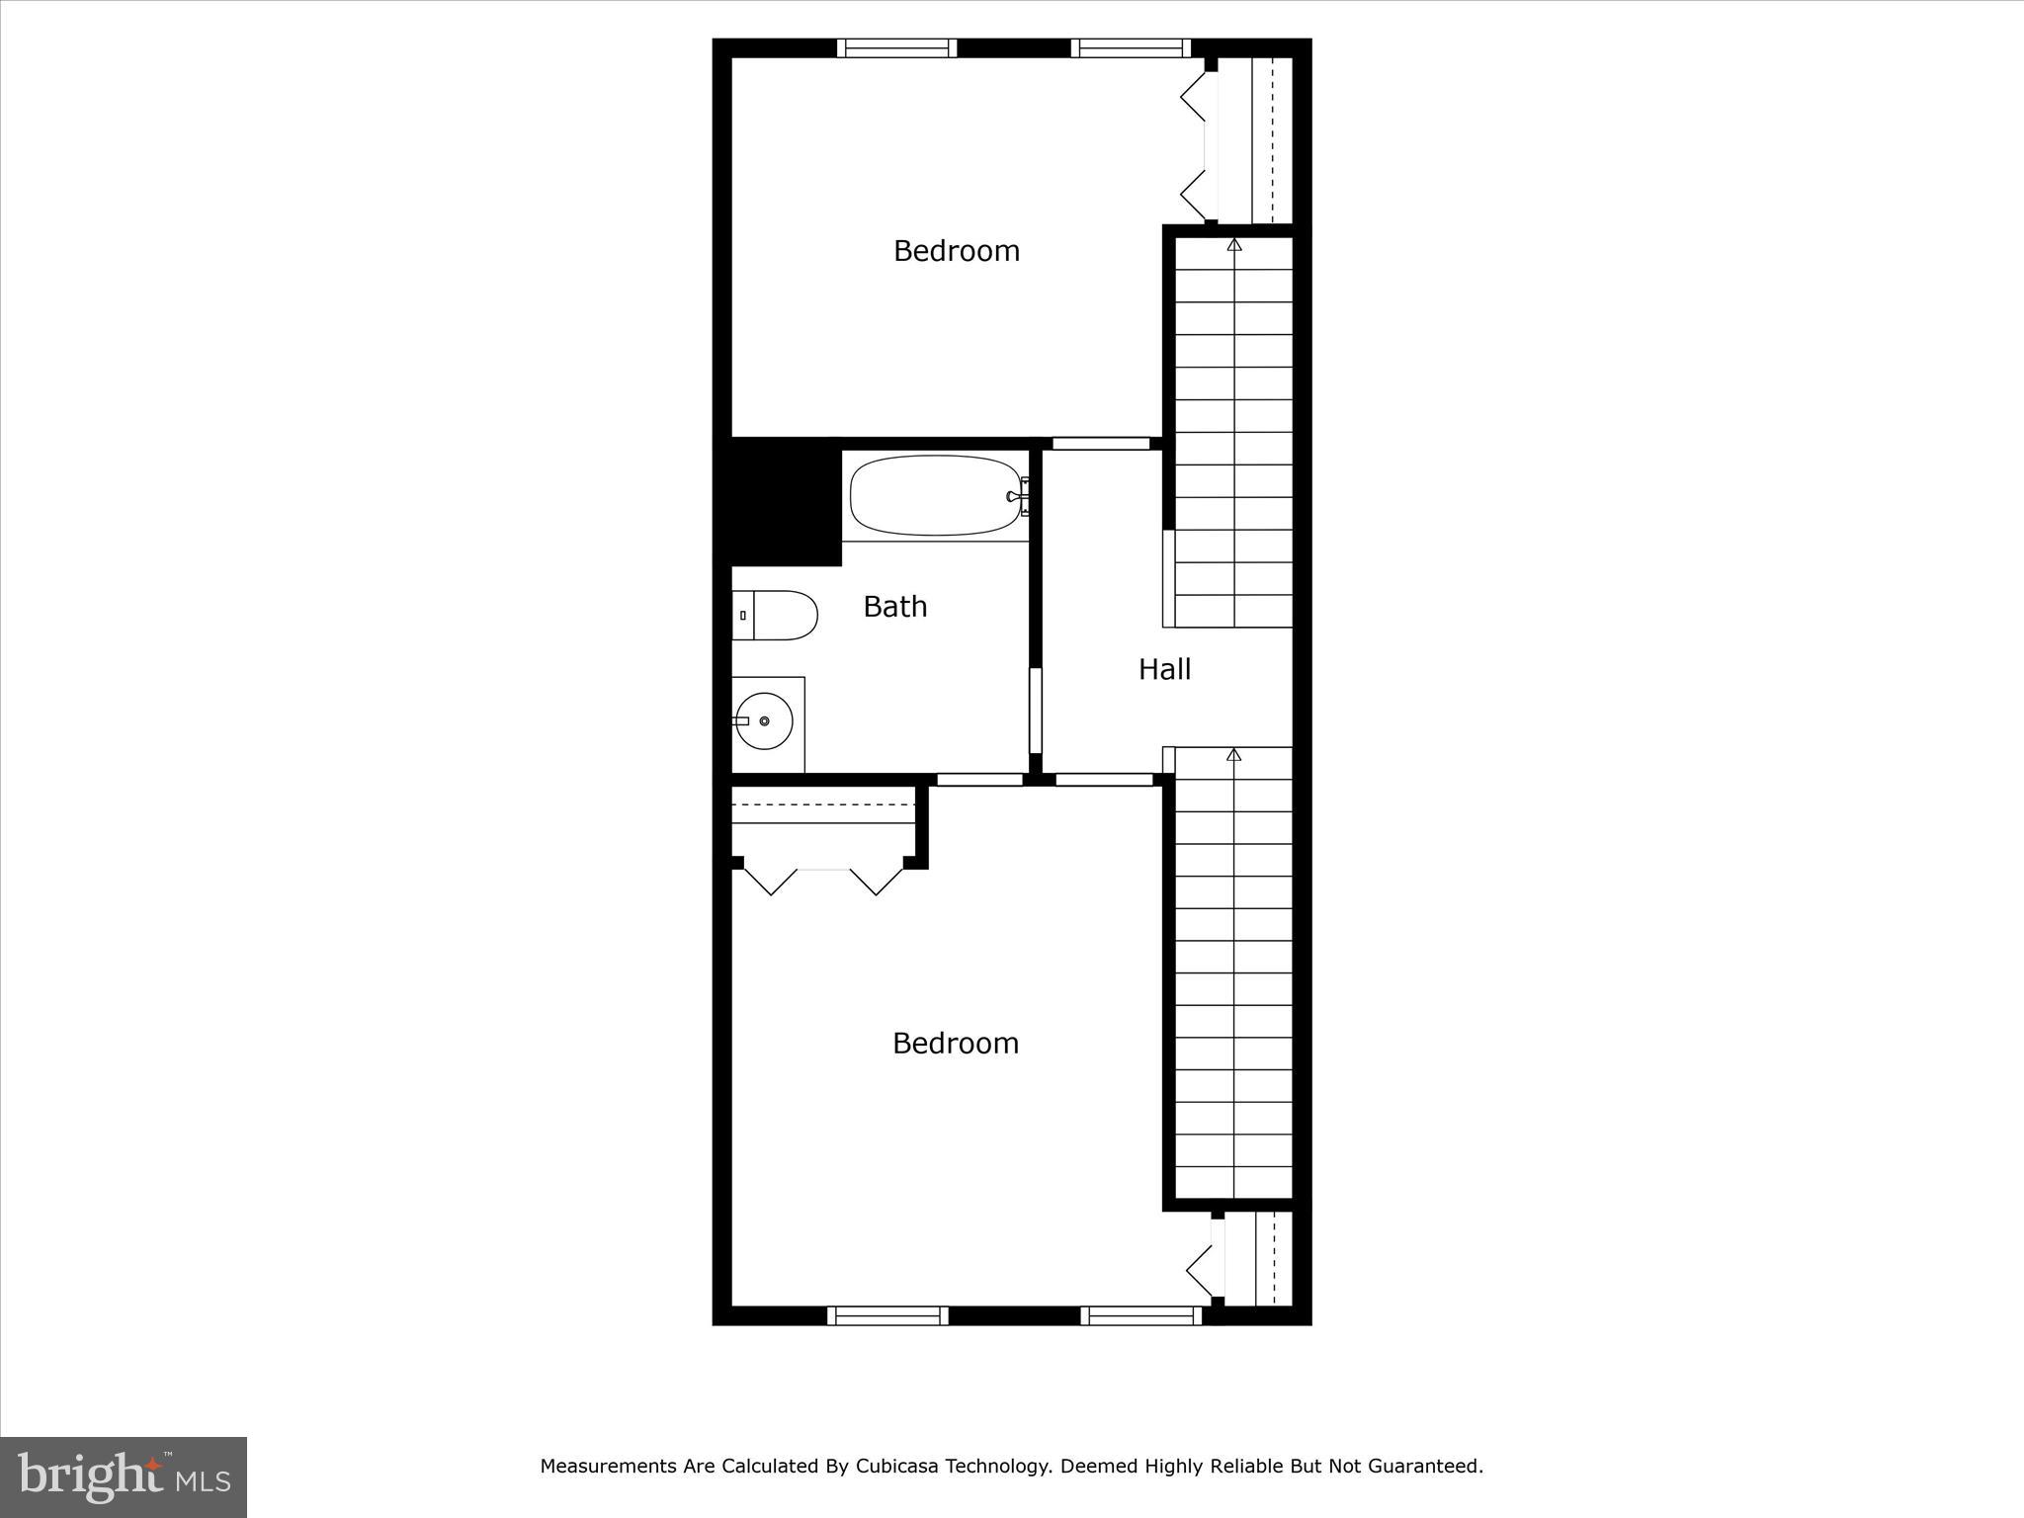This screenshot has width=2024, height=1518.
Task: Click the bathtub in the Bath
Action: (x=934, y=495)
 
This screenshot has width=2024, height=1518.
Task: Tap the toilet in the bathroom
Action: (x=776, y=616)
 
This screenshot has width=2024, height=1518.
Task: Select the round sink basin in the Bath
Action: (x=764, y=720)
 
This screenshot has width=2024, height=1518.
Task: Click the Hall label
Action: (x=1164, y=670)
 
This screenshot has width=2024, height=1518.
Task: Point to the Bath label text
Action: (x=894, y=607)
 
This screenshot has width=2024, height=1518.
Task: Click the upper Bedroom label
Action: (x=956, y=251)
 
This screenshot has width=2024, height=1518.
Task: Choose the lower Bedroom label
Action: (x=955, y=1044)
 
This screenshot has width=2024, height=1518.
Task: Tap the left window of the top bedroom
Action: (x=896, y=48)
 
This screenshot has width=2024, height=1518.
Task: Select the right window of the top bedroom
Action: (x=1131, y=48)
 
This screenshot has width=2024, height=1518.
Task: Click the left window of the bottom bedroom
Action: (x=886, y=1315)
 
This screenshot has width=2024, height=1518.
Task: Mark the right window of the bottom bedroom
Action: (x=1140, y=1315)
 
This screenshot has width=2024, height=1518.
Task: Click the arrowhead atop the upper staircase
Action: (x=1233, y=243)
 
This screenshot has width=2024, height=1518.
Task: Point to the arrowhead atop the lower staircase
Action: (x=1233, y=755)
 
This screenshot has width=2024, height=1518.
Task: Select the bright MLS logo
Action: (x=124, y=1476)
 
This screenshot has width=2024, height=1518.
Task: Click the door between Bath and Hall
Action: (x=1036, y=711)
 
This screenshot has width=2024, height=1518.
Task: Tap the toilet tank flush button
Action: (x=742, y=616)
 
